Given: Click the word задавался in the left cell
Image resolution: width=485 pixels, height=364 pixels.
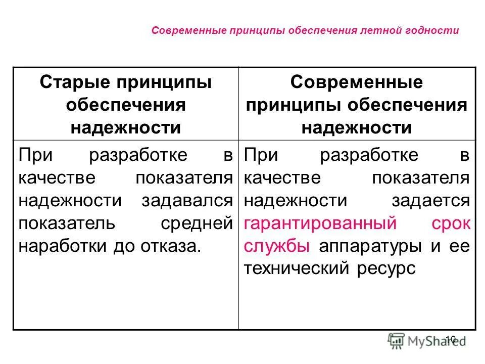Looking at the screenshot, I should click(x=187, y=200).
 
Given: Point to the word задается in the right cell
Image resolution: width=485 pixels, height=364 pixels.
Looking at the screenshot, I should click(x=430, y=200).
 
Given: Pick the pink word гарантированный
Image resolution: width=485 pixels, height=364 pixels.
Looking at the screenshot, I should click(x=319, y=223).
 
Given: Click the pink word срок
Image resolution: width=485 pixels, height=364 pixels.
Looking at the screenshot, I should click(x=451, y=223).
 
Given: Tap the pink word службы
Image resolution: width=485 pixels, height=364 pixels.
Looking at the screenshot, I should click(x=276, y=246).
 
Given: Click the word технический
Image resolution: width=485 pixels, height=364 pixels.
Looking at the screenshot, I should click(x=296, y=268).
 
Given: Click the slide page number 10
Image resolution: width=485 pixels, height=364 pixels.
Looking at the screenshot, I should click(x=451, y=339).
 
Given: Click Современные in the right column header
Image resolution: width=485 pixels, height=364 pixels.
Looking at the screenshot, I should click(x=356, y=82).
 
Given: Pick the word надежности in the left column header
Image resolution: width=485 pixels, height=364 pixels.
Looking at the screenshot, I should click(x=125, y=127).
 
